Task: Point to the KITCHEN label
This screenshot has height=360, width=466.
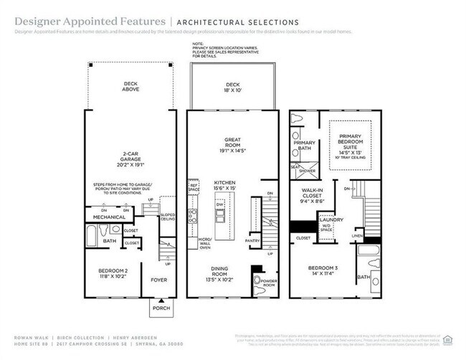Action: click(x=224, y=186)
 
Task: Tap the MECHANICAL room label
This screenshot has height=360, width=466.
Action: click(x=110, y=217)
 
